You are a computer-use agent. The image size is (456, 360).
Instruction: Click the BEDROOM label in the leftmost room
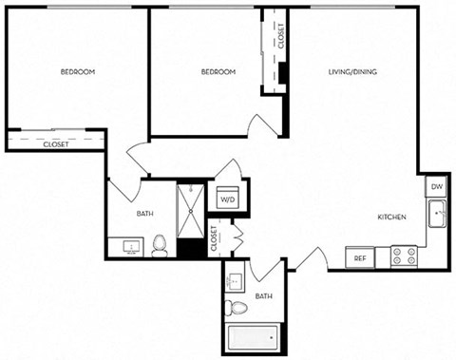coord(77,71)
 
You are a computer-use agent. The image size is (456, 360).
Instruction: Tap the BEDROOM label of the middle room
coord(218,71)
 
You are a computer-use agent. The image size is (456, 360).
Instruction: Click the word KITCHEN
coord(392,218)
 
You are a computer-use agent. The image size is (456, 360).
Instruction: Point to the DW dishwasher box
coord(437,187)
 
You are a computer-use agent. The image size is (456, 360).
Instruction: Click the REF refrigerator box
coord(360,257)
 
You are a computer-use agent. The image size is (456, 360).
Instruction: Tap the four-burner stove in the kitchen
coord(405,256)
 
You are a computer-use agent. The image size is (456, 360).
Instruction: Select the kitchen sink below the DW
coord(438,218)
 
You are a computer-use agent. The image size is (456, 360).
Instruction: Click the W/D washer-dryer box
coord(228,200)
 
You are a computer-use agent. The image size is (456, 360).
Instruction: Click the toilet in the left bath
coord(160,246)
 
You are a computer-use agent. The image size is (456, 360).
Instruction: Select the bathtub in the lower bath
coord(252,336)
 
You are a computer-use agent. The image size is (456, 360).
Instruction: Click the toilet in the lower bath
coord(237,306)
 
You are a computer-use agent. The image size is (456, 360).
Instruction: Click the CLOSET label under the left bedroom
coord(56,145)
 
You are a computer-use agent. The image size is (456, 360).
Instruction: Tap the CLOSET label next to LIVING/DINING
coord(281,36)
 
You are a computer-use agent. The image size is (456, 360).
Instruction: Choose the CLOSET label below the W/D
coord(214,235)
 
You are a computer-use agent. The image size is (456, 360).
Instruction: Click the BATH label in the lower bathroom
coord(263,296)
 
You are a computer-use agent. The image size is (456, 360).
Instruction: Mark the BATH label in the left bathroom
coord(145,215)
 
